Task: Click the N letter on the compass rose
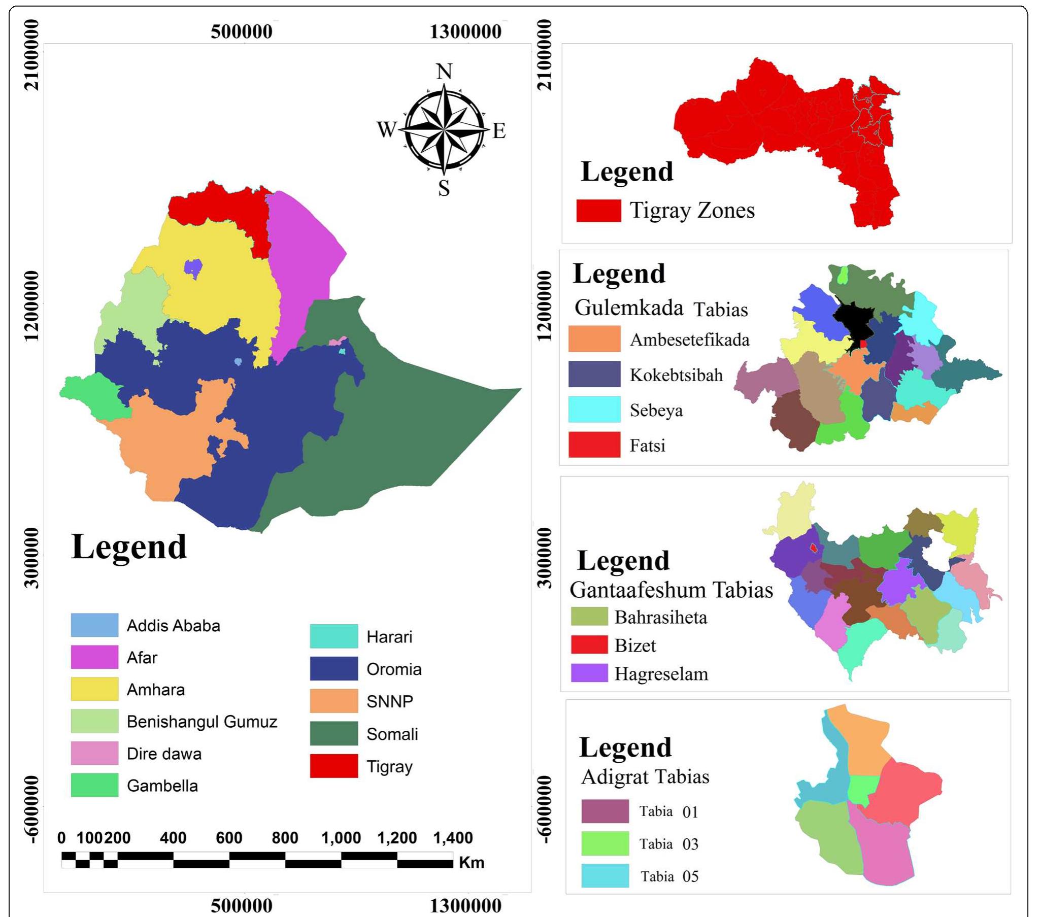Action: [x=444, y=72]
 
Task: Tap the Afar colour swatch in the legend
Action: [x=94, y=657]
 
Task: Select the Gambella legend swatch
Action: [x=94, y=785]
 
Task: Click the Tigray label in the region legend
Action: [x=389, y=766]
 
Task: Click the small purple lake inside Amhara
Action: [x=193, y=267]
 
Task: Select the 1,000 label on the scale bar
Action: [x=341, y=837]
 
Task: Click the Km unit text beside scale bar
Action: [x=471, y=863]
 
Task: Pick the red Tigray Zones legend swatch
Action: [x=598, y=211]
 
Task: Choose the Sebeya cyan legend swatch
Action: [x=594, y=409]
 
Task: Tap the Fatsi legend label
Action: [x=647, y=445]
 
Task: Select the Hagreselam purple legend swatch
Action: [x=589, y=673]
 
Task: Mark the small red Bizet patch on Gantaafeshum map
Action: [x=813, y=548]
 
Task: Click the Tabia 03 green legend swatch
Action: [x=605, y=843]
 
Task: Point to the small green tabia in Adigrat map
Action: [x=863, y=790]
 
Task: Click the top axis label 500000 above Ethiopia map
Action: [x=241, y=31]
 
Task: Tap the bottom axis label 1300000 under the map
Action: [x=465, y=905]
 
